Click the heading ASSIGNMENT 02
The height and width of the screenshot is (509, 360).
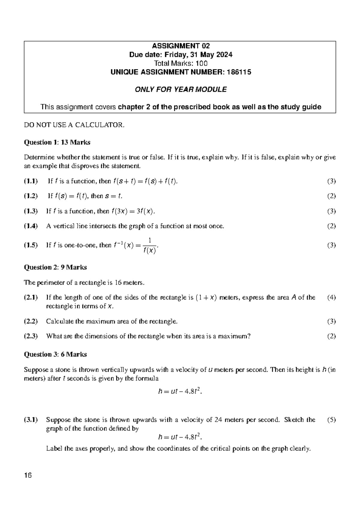pos(181,46)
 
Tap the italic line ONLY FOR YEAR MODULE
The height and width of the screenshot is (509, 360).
pos(181,89)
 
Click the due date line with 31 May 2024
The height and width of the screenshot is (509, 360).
pos(181,55)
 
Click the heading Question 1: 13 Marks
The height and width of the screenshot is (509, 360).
pos(57,142)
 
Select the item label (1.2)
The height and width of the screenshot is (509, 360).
pos(31,196)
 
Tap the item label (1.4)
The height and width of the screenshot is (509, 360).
pos(31,226)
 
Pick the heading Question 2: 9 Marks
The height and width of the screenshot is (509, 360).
pos(55,267)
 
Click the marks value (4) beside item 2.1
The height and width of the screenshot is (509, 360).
pos(331,297)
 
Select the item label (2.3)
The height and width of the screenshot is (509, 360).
pos(31,336)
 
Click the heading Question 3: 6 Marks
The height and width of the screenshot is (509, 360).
pos(55,354)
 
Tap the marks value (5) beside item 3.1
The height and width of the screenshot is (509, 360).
pos(331,420)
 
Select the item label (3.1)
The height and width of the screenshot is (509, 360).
pos(31,420)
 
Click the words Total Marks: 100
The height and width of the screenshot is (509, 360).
pos(181,63)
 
